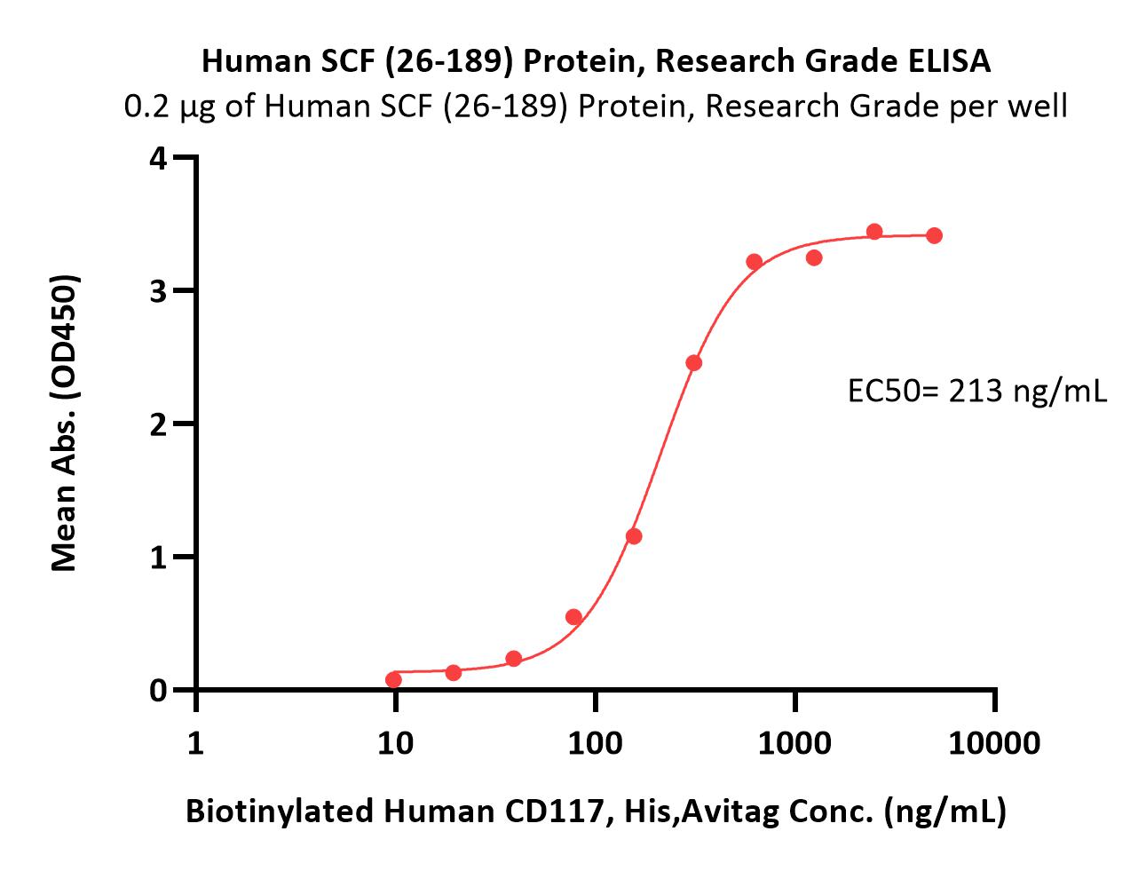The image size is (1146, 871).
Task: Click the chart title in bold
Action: coord(596,61)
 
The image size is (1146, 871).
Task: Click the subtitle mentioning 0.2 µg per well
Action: coord(596,107)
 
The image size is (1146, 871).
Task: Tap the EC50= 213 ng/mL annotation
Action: coord(977,392)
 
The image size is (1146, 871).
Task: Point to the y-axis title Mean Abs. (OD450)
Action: coord(65,423)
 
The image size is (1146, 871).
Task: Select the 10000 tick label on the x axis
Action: coord(994,742)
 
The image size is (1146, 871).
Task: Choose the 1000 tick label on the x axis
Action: coord(795,742)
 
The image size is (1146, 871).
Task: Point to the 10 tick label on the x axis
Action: coord(395,742)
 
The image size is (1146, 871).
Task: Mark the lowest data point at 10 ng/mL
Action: coord(393,680)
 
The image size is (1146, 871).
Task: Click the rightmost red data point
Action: coord(934,235)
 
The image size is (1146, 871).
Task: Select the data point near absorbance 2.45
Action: coord(694,363)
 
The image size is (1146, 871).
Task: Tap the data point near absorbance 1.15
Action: coord(634,536)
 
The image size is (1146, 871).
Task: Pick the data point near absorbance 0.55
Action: coord(573,617)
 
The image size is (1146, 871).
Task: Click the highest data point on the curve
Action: coord(874,232)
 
